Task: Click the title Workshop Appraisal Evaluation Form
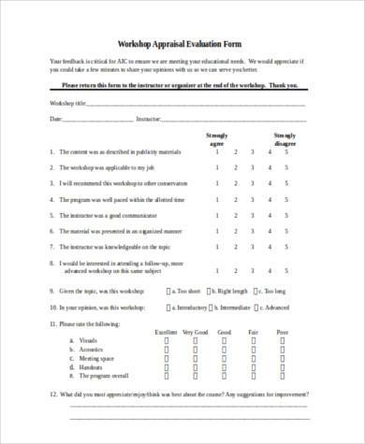(182, 43)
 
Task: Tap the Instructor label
(149, 120)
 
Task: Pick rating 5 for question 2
(285, 168)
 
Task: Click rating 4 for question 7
(268, 251)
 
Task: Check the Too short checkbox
(168, 291)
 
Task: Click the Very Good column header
(196, 332)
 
